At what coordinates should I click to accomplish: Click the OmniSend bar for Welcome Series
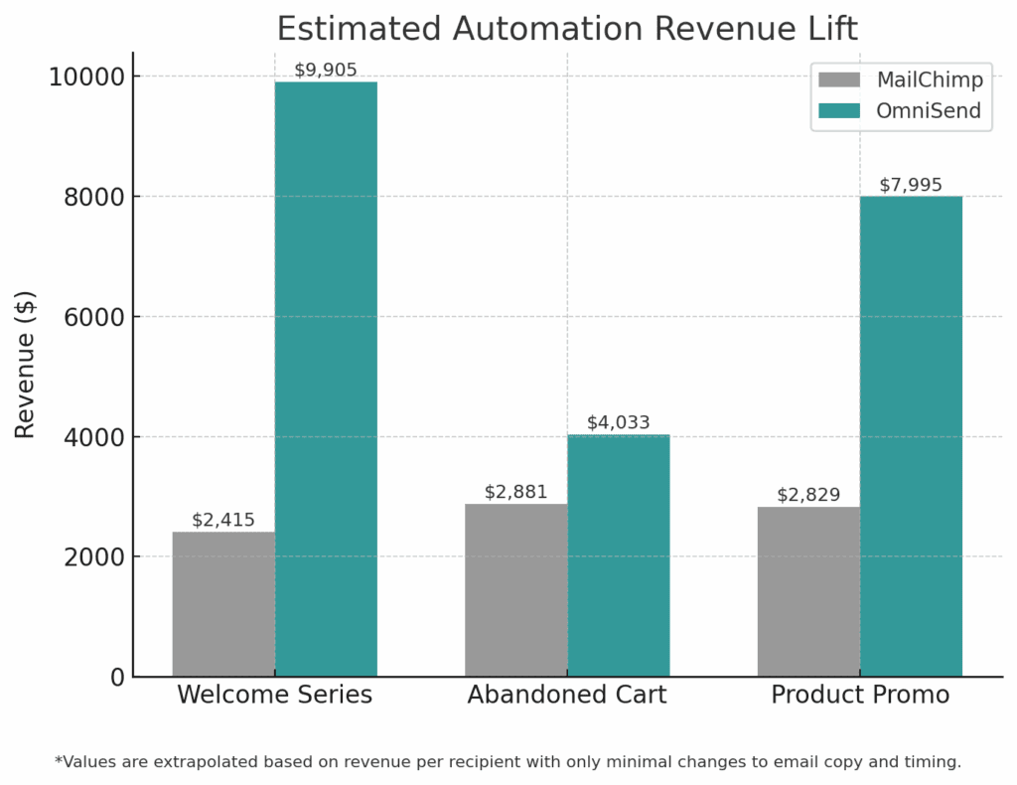click(x=326, y=378)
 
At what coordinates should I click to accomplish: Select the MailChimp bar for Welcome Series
click(x=223, y=603)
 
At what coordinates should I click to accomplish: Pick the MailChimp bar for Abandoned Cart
click(x=515, y=589)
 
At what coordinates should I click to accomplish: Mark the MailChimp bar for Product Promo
click(x=808, y=591)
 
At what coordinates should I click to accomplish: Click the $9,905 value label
click(x=326, y=70)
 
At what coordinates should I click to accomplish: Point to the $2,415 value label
click(x=223, y=520)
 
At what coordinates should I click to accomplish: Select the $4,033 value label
click(x=618, y=422)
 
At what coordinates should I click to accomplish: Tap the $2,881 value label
click(x=515, y=492)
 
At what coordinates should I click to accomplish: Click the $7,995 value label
click(x=911, y=185)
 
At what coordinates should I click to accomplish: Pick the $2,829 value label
click(x=808, y=495)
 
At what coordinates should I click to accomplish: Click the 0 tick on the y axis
click(x=117, y=677)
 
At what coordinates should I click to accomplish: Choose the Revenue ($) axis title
click(x=26, y=364)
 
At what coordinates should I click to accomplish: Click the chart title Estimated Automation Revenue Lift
click(x=567, y=28)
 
